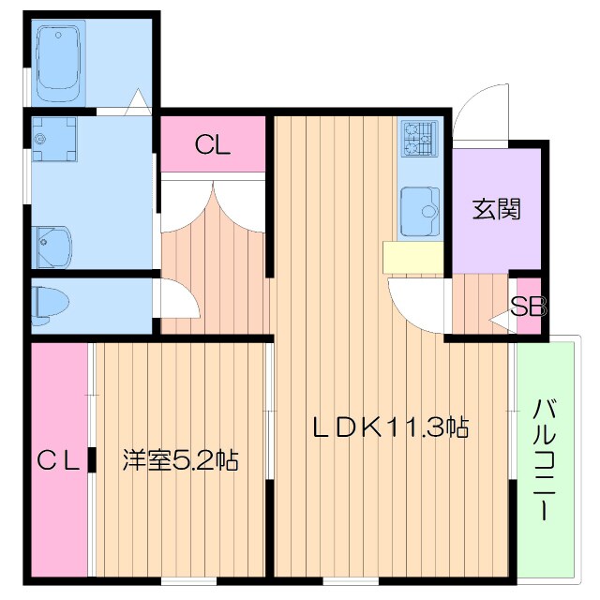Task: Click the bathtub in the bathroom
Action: pos(62,64)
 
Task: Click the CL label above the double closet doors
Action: pos(213,145)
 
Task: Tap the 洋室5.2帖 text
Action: pos(180,460)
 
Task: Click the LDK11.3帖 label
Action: pos(390,427)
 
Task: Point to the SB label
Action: pos(529,307)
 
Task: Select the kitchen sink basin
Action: pos(419,210)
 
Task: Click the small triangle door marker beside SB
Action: pos(502,322)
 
